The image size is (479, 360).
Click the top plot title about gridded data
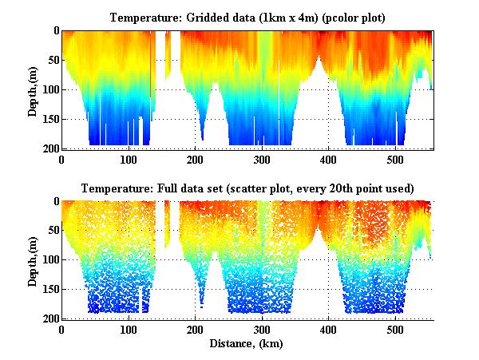(247, 18)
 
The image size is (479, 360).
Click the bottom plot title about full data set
(247, 188)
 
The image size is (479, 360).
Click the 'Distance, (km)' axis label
(248, 344)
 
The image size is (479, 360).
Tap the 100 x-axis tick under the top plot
(129, 160)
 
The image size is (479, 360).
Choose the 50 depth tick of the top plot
(53, 61)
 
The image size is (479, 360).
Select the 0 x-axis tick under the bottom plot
(62, 330)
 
